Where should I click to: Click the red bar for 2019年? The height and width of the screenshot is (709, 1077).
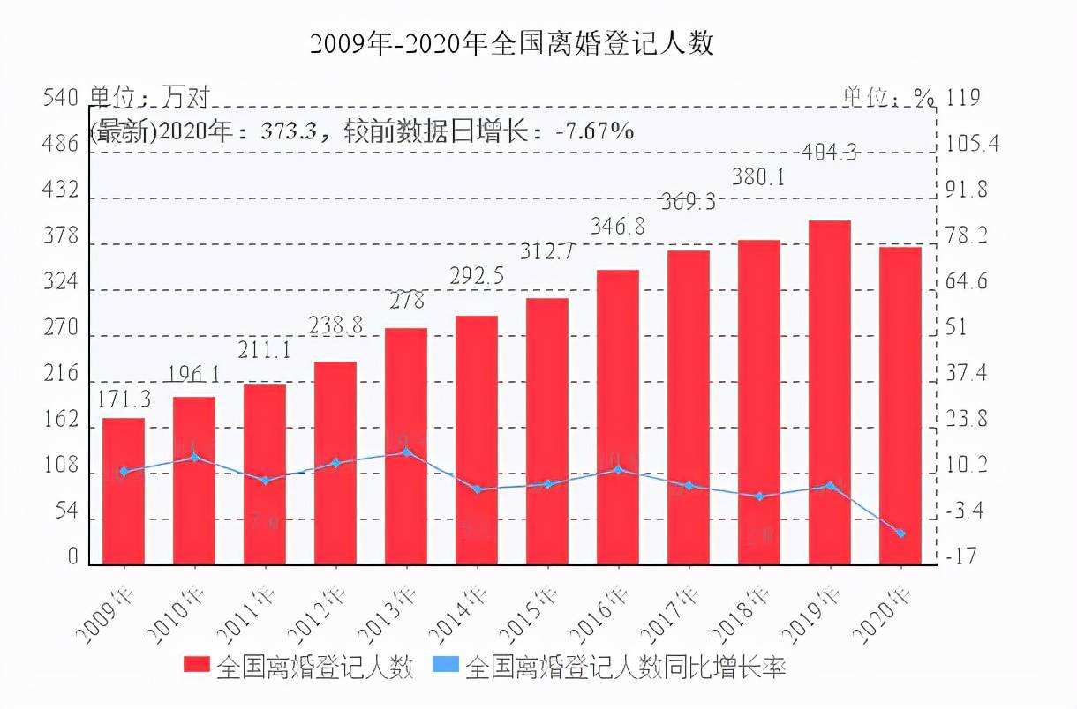pyautogui.click(x=829, y=392)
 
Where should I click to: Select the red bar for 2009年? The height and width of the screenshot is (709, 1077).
pyautogui.click(x=124, y=491)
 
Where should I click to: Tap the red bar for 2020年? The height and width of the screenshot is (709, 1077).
pyautogui.click(x=900, y=406)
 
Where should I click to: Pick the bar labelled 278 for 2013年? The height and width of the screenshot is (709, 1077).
pyautogui.click(x=406, y=446)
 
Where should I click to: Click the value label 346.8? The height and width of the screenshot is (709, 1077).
pyautogui.click(x=617, y=227)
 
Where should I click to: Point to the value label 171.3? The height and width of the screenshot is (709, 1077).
pyautogui.click(x=124, y=399)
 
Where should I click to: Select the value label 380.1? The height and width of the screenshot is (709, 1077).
pyautogui.click(x=759, y=177)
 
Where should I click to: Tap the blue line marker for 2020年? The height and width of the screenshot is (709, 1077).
pyautogui.click(x=900, y=534)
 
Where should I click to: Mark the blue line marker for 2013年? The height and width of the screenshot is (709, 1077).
pyautogui.click(x=406, y=452)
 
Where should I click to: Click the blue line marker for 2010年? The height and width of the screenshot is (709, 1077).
pyautogui.click(x=194, y=457)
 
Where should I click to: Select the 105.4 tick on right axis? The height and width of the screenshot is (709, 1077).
pyautogui.click(x=970, y=144)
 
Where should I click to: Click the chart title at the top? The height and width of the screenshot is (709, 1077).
pyautogui.click(x=512, y=43)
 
